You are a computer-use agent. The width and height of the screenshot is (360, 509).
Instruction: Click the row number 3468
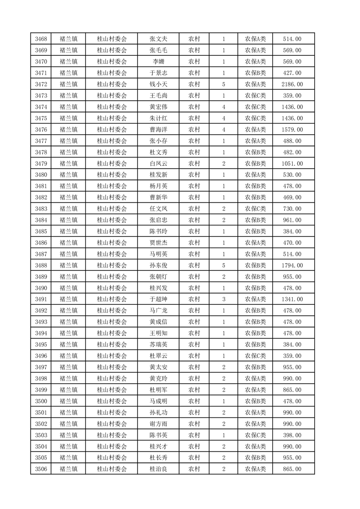[41, 39]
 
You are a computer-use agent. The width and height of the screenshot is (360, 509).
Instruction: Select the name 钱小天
[158, 84]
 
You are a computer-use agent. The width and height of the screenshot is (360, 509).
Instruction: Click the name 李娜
[158, 62]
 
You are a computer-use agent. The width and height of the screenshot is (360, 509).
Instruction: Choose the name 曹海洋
[158, 129]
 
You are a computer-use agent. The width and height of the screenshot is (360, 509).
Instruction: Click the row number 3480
[41, 175]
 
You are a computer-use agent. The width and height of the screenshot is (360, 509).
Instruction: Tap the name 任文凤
[158, 209]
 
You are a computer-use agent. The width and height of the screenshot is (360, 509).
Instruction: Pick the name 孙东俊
[158, 265]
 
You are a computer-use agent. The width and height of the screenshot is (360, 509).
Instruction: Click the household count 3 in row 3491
[224, 299]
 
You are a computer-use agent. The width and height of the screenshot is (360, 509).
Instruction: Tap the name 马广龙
[158, 311]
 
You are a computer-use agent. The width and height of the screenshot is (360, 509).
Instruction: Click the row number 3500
[41, 401]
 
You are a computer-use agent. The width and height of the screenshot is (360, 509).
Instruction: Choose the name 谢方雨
[158, 424]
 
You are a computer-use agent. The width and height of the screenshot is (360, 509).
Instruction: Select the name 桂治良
[158, 469]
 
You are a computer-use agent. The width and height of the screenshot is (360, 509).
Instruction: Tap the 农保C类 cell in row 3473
[255, 95]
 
